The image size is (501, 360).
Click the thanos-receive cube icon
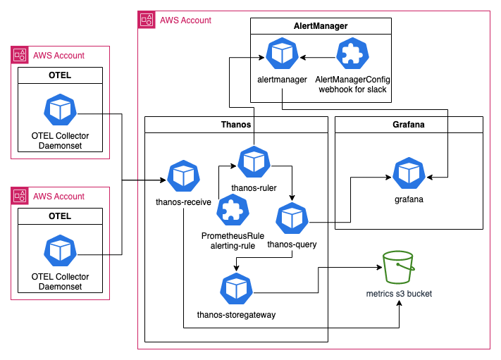click(x=183, y=177)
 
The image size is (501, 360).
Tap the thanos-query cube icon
click(x=292, y=219)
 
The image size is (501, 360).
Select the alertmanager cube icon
click(x=282, y=54)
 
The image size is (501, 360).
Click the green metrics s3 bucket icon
click(x=399, y=267)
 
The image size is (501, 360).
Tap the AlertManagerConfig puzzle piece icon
click(x=352, y=54)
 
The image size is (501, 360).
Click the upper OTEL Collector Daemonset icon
click(x=60, y=111)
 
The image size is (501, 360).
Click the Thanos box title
click(x=236, y=125)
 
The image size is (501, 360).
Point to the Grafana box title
click(x=409, y=125)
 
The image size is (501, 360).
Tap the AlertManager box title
click(x=321, y=26)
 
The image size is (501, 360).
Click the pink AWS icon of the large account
click(x=146, y=20)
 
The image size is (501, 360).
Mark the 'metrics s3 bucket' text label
click(x=399, y=293)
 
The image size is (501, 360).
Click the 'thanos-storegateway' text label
click(x=236, y=314)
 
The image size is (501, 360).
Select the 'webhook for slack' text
click(x=352, y=90)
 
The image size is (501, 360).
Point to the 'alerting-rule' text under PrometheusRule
click(x=233, y=246)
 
